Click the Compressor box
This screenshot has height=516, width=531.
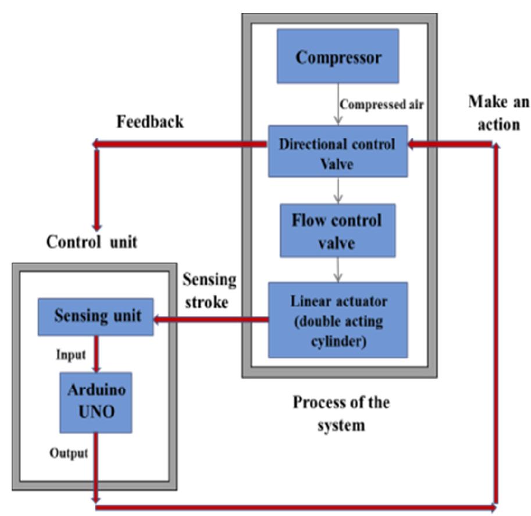(338, 57)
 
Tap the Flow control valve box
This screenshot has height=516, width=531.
(337, 230)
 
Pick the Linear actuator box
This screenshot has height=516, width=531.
(338, 319)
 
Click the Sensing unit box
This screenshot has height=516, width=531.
(96, 316)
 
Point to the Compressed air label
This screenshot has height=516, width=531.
(382, 105)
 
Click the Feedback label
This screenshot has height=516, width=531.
(150, 122)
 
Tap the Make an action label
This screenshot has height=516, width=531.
(498, 113)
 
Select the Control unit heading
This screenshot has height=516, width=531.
(92, 241)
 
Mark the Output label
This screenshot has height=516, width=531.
(69, 453)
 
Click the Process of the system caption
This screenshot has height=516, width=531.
(341, 413)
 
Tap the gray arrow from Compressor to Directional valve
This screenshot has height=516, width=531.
(337, 105)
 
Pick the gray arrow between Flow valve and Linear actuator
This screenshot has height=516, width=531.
(337, 269)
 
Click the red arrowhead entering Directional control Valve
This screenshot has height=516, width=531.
(412, 144)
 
